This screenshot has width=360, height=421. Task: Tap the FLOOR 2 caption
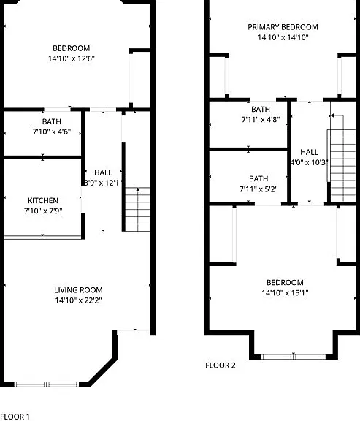(x=221, y=365)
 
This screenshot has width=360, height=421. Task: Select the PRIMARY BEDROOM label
(x=283, y=27)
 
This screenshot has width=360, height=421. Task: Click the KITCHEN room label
(x=43, y=200)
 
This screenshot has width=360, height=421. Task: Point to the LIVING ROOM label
(x=78, y=290)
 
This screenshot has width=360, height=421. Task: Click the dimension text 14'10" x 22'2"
(x=78, y=300)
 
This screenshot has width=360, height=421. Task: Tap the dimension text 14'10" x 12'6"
(x=72, y=58)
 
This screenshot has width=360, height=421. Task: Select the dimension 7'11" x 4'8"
(x=261, y=119)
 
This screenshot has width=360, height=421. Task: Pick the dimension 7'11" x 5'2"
(x=258, y=189)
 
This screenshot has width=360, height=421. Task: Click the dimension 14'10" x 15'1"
(x=285, y=292)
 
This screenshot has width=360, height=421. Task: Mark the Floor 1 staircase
(x=138, y=210)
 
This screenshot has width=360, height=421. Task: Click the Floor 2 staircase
(x=342, y=166)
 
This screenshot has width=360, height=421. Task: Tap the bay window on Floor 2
(x=294, y=357)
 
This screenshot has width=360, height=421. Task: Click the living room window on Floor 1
(x=47, y=384)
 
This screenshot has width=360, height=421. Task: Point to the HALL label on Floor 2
(x=310, y=152)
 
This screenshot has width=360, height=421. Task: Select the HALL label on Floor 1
(x=103, y=172)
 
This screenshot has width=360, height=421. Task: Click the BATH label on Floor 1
(x=52, y=121)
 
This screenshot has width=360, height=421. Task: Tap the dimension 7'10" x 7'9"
(x=43, y=210)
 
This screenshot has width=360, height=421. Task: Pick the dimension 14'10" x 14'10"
(x=283, y=37)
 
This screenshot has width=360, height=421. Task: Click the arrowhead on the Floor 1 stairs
(x=138, y=189)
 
